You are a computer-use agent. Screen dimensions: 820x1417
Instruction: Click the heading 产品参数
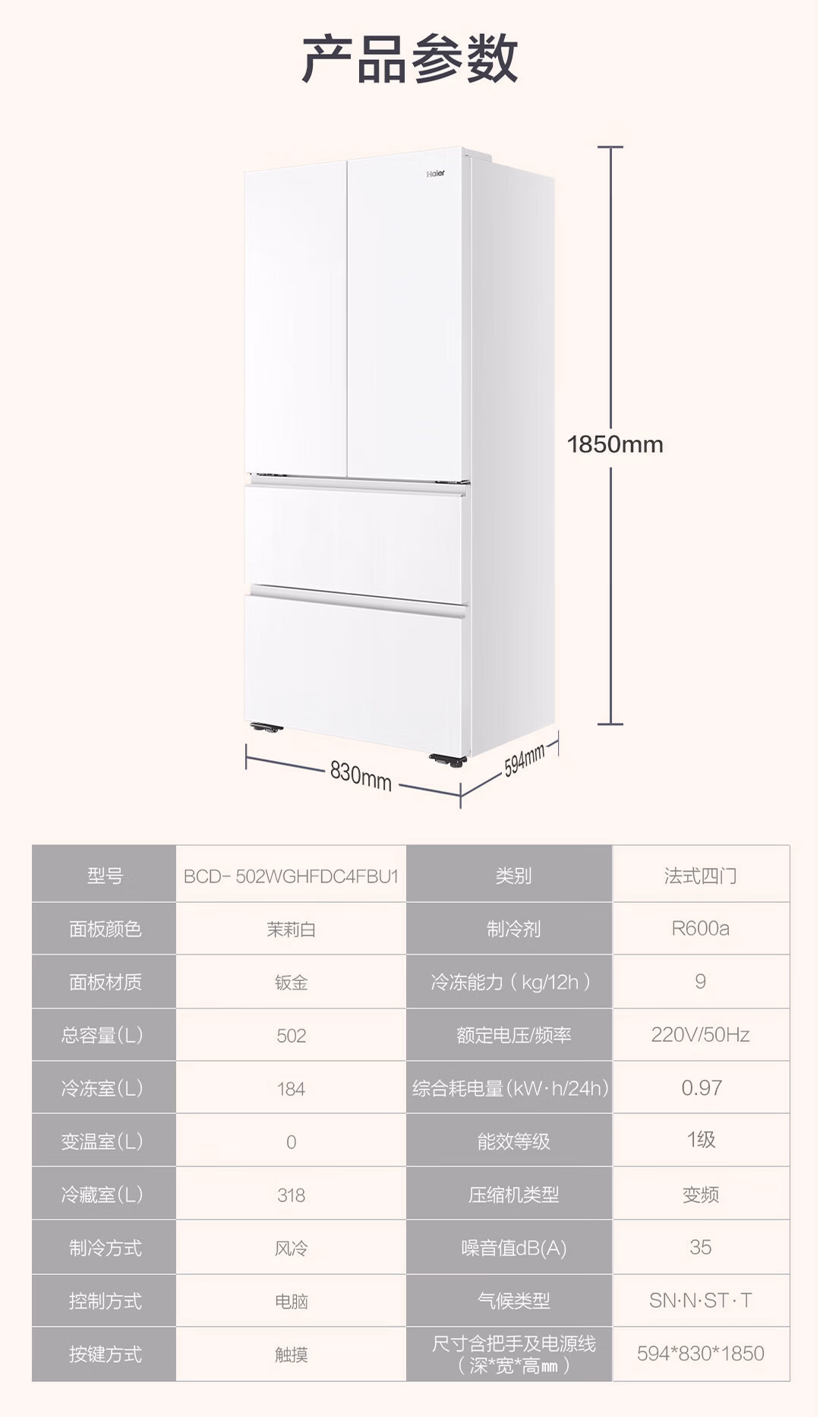click(x=410, y=58)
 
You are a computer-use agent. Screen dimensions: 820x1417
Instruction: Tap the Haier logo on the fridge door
click(x=436, y=174)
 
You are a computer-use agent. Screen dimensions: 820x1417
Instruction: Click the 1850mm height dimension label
click(x=615, y=444)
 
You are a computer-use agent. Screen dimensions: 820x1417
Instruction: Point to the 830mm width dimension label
click(x=361, y=775)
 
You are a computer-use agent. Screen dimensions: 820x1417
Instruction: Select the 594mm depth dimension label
click(x=525, y=759)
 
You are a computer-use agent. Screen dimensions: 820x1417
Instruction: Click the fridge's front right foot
click(x=447, y=759)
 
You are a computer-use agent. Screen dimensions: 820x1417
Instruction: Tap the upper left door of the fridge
click(x=296, y=319)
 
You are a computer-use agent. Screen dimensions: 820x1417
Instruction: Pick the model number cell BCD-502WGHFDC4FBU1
click(x=291, y=876)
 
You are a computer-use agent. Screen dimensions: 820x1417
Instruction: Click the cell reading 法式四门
click(x=700, y=876)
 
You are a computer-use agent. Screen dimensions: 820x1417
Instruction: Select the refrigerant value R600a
click(x=700, y=929)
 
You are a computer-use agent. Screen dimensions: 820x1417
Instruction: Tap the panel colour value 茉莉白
click(x=291, y=929)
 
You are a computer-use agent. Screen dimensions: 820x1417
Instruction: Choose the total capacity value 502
click(x=291, y=1036)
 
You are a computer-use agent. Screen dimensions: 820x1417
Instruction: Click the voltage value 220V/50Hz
click(x=700, y=1035)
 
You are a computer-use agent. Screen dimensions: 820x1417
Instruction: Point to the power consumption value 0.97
click(x=701, y=1088)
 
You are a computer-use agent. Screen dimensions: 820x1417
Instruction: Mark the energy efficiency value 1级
click(x=701, y=1140)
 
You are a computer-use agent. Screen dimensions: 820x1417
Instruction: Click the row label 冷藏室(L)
click(x=102, y=1195)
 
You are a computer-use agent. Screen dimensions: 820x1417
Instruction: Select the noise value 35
click(x=700, y=1248)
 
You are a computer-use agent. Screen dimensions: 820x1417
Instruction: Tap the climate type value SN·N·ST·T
click(x=700, y=1301)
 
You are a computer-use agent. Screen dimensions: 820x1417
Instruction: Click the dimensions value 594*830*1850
click(x=700, y=1354)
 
